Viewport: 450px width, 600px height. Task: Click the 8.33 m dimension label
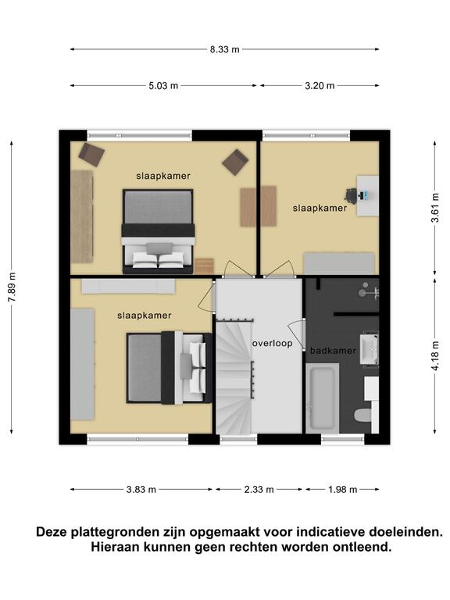click(x=225, y=49)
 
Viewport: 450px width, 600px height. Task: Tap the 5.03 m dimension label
click(x=163, y=86)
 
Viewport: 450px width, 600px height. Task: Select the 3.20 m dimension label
click(x=320, y=86)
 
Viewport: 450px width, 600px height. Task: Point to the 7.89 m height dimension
click(x=12, y=287)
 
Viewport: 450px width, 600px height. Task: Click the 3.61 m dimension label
click(x=435, y=208)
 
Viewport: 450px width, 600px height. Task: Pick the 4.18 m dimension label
click(x=435, y=355)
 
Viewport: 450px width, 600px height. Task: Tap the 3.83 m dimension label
click(x=141, y=489)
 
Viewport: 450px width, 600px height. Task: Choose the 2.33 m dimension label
click(x=259, y=489)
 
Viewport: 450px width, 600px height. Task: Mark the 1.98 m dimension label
click(x=342, y=489)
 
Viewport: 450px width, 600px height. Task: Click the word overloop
click(x=273, y=344)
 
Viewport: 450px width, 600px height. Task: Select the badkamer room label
click(x=333, y=351)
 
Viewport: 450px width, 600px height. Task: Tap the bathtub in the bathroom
click(x=322, y=398)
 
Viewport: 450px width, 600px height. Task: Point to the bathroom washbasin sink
click(x=369, y=348)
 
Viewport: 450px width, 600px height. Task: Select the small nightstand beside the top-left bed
click(x=204, y=266)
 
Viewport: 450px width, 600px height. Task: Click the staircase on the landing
click(x=234, y=377)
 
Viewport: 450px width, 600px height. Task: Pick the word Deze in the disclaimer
click(x=53, y=532)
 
